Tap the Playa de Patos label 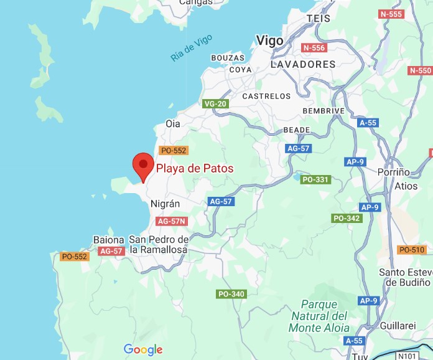pos(195,168)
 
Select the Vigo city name pos(270,41)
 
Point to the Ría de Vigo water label pos(192,48)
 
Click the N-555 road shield pos(391,14)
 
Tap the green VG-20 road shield pos(215,103)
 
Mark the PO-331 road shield pos(315,179)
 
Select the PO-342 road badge pos(347,218)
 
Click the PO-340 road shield pos(231,294)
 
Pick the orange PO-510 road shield pos(411,250)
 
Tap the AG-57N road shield pos(172,221)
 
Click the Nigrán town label pos(165,204)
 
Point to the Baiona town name pos(109,240)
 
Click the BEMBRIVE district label pos(323,111)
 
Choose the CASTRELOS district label pos(266,97)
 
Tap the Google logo pos(143,349)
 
